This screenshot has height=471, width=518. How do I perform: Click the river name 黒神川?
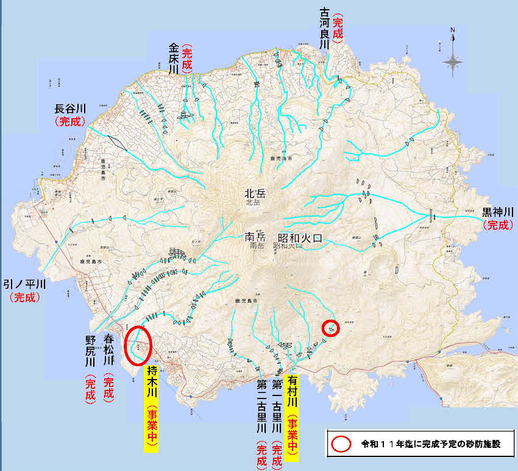498,212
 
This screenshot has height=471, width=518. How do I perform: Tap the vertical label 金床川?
174,58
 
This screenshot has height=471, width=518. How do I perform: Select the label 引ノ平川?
25,285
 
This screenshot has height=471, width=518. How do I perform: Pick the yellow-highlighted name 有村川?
293,396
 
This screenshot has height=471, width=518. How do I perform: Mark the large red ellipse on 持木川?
137,344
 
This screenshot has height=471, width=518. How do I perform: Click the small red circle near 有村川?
330,328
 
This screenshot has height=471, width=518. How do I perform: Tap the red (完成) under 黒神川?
498,225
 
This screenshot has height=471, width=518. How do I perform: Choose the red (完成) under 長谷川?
72,122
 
